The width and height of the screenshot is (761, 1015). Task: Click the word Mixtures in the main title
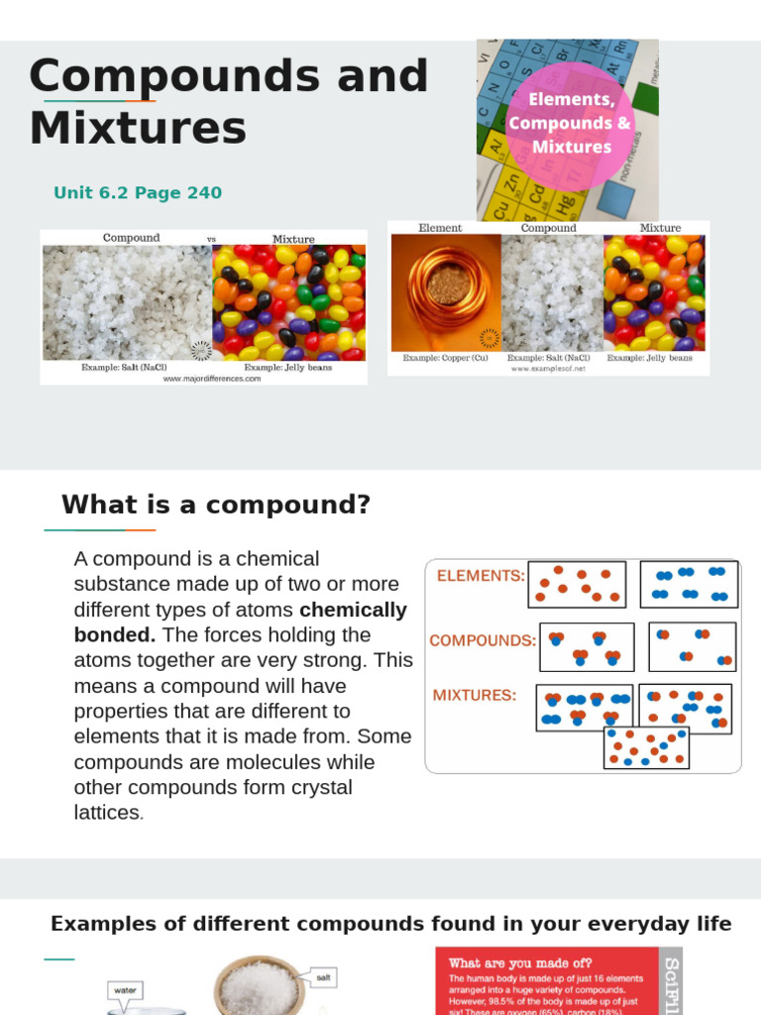click(138, 128)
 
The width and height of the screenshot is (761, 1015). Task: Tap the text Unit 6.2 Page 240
click(138, 192)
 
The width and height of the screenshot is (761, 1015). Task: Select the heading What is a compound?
click(216, 505)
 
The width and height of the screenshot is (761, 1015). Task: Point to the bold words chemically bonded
click(241, 621)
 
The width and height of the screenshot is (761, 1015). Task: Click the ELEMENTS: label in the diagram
click(481, 575)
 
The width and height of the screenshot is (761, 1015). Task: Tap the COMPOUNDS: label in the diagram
click(482, 640)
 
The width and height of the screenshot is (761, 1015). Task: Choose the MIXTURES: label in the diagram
click(475, 696)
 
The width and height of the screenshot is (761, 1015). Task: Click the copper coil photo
click(446, 293)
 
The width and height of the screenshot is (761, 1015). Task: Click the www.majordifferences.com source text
click(212, 378)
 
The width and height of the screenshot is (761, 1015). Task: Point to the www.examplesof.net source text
click(549, 369)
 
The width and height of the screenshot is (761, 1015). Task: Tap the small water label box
click(125, 988)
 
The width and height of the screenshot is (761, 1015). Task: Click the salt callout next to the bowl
click(322, 977)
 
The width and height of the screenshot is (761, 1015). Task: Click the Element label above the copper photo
click(440, 228)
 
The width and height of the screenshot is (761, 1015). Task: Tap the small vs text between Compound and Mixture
click(211, 239)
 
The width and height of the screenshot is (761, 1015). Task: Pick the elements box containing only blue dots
click(689, 584)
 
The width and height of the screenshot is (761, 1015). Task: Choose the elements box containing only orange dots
click(577, 585)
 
